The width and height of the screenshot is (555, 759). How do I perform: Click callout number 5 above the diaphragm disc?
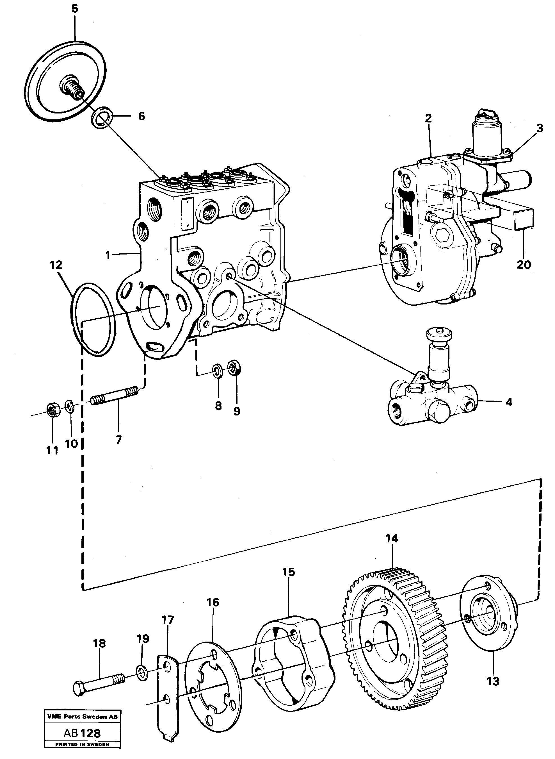pos(75,9)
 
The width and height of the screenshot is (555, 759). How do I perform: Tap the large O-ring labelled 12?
pos(93,318)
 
